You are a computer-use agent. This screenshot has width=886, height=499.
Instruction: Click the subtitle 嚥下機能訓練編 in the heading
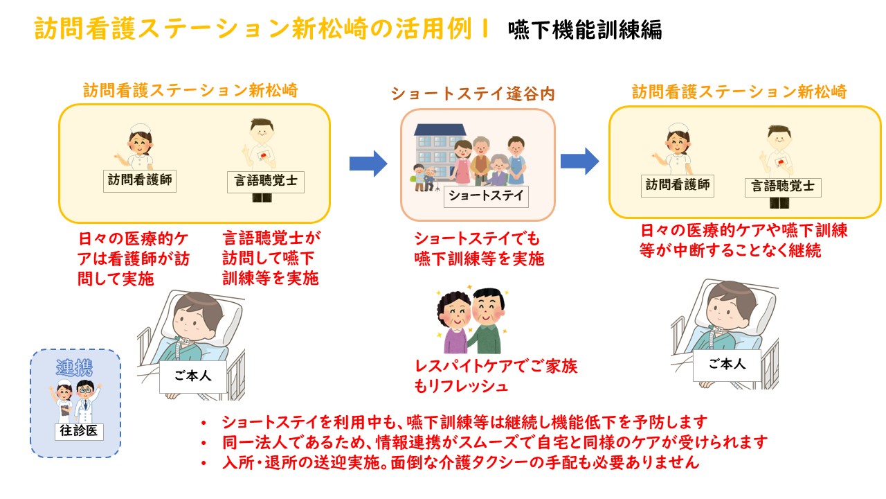coord(584,30)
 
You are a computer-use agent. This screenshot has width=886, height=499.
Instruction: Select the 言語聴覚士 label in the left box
coord(266,182)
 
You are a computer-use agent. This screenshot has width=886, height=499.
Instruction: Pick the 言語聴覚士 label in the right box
coord(783,186)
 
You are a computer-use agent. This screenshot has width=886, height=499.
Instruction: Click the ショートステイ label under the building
coord(485,195)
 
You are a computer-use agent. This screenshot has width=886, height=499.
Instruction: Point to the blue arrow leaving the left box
coord(368,164)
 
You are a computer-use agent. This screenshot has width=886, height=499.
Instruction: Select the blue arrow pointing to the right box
coord(579,161)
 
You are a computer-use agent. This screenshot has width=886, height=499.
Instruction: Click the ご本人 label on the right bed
coord(727,364)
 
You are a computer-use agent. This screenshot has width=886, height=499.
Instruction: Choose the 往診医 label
coord(78,431)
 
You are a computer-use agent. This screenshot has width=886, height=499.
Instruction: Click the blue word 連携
coord(74,368)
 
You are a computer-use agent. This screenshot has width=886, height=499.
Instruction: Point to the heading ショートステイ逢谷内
coord(473,94)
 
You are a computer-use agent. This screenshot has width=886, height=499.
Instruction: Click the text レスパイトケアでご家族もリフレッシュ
coord(495,376)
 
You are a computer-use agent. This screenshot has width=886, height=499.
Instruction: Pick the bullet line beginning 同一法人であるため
coord(494,442)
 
